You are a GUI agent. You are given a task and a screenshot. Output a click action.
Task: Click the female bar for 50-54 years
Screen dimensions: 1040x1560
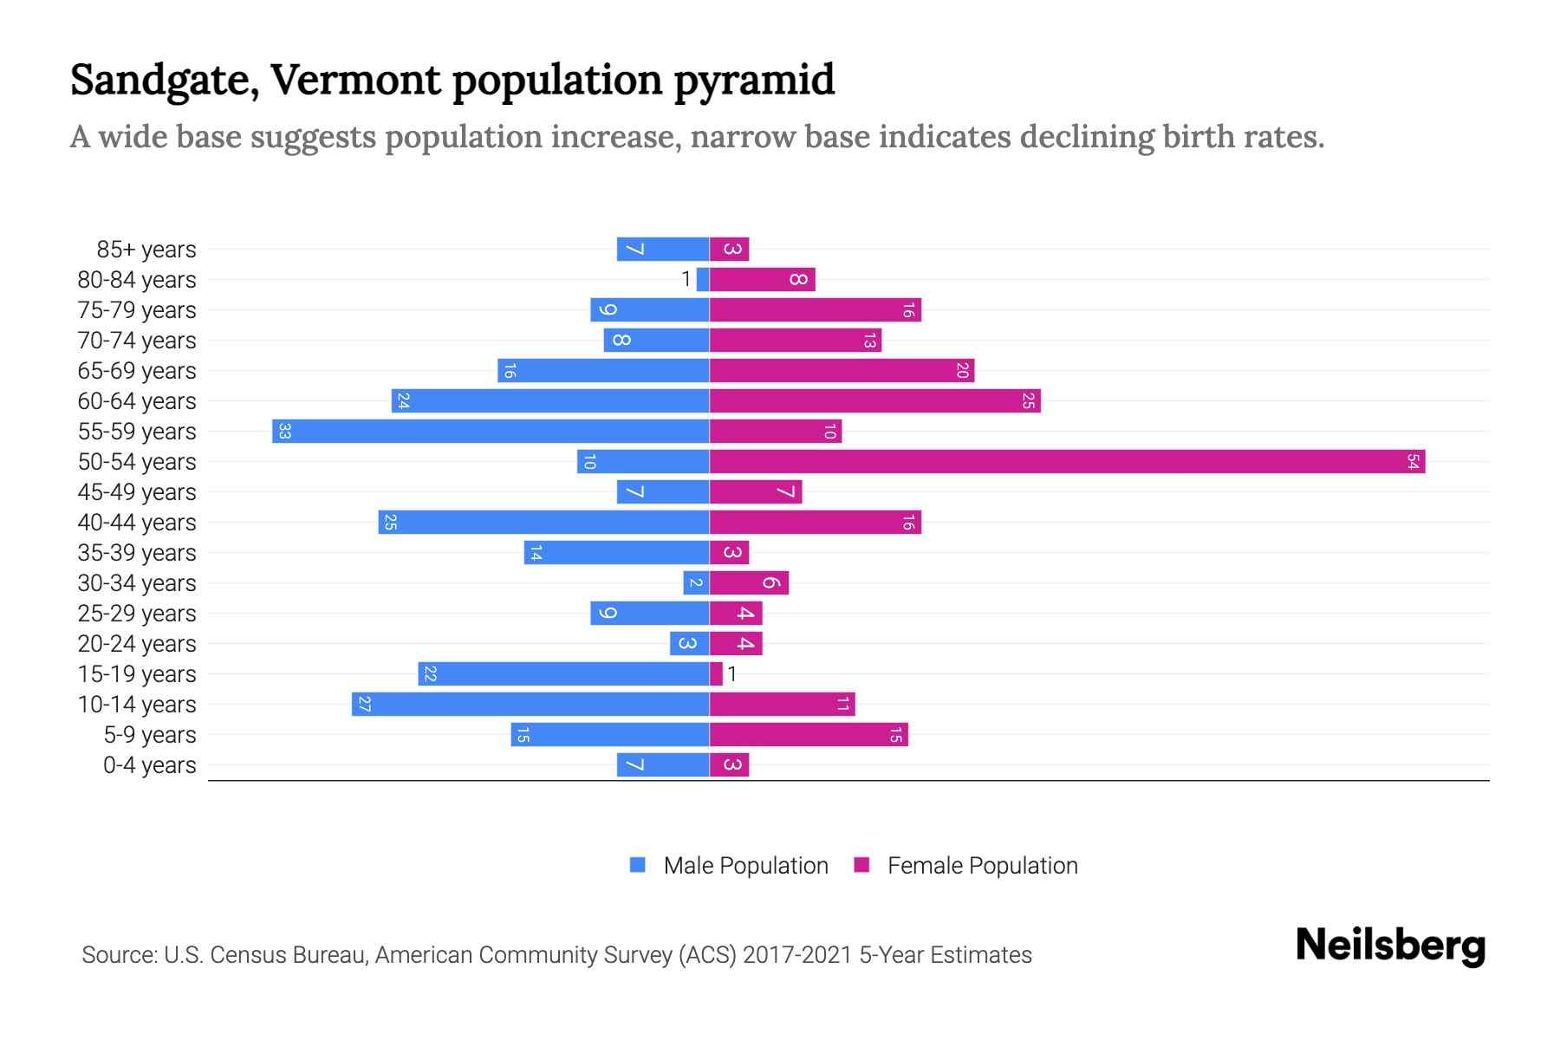pyautogui.click(x=1066, y=462)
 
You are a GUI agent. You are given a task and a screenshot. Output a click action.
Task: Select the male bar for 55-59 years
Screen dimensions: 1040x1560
pyautogui.click(x=491, y=432)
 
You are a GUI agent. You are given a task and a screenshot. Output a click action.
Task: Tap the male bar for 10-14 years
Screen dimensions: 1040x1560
pyautogui.click(x=530, y=705)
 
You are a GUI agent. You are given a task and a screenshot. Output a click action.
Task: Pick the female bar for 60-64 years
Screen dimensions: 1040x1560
pyautogui.click(x=874, y=401)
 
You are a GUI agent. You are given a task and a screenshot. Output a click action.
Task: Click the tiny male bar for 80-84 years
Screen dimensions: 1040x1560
pyautogui.click(x=703, y=280)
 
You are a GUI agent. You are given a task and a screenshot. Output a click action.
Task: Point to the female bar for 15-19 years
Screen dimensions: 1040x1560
pyautogui.click(x=716, y=674)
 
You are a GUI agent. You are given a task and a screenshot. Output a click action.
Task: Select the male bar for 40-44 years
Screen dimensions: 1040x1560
pyautogui.click(x=543, y=523)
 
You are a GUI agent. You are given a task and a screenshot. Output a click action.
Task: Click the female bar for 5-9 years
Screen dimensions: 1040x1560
pyautogui.click(x=809, y=735)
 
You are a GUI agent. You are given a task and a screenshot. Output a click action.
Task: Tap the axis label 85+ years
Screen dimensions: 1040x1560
pyautogui.click(x=146, y=250)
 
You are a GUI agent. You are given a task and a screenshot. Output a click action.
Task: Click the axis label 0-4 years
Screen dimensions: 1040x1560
pyautogui.click(x=149, y=765)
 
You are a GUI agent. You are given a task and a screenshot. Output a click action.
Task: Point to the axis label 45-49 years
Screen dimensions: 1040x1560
pyautogui.click(x=137, y=492)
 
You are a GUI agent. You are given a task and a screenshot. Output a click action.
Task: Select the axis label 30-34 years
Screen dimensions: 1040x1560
pyautogui.click(x=137, y=583)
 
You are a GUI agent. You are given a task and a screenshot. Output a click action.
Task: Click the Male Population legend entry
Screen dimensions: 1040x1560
pyautogui.click(x=744, y=866)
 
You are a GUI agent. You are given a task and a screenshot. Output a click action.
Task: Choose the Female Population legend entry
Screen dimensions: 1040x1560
pyautogui.click(x=981, y=866)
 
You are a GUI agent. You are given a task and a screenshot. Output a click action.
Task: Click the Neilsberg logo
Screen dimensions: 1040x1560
pyautogui.click(x=1390, y=946)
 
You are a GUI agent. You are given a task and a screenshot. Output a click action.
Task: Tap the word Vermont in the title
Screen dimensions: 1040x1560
pyautogui.click(x=357, y=80)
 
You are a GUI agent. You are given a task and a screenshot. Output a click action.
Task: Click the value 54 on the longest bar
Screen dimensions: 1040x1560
pyautogui.click(x=1413, y=462)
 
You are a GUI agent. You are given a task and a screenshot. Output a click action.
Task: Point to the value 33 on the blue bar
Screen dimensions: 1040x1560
pyautogui.click(x=284, y=432)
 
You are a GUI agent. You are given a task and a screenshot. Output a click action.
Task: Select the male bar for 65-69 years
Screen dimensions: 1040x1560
pyautogui.click(x=603, y=371)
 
